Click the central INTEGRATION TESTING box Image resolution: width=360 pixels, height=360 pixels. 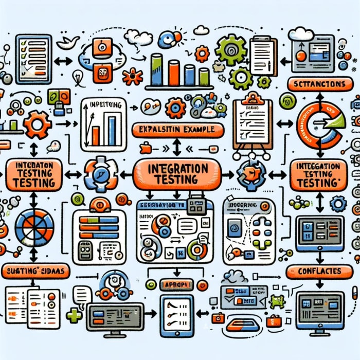[177, 174]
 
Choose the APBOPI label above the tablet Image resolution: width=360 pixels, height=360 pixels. [175, 284]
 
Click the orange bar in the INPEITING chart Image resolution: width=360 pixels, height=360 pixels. [95, 136]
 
